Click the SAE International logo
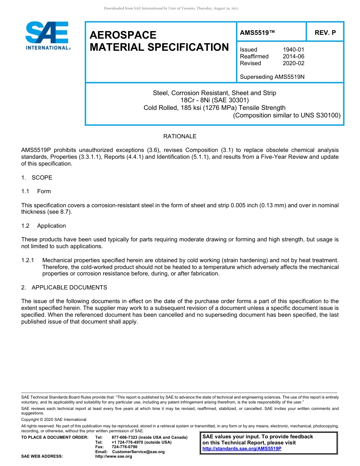point(47,36)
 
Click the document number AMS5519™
point(257,33)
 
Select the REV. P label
point(325,33)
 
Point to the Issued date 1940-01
point(293,50)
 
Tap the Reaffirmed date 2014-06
point(293,56)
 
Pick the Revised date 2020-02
point(293,63)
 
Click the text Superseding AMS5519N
point(272,77)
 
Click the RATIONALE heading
point(180,136)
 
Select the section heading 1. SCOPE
point(37,178)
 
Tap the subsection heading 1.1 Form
point(36,191)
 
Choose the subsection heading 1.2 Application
point(44,226)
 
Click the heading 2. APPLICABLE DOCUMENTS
point(64,288)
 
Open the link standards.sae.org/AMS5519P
point(242,449)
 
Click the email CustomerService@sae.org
point(138,452)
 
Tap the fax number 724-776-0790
point(125,447)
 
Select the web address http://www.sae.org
point(114,457)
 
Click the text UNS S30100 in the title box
point(321,115)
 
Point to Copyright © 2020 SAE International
point(54,420)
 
